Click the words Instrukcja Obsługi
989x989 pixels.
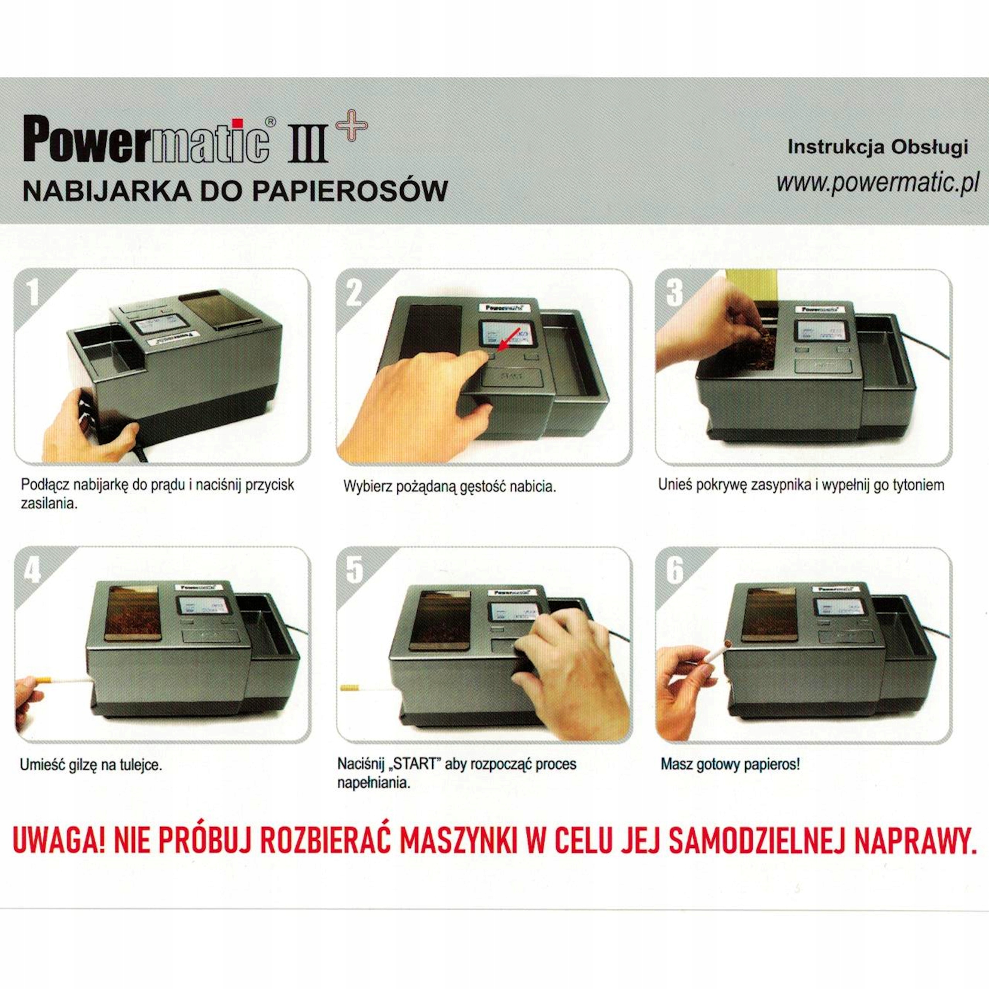point(877,147)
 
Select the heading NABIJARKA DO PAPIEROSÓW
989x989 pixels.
point(236,191)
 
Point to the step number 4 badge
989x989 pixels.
point(32,570)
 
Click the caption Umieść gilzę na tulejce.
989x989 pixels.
point(91,766)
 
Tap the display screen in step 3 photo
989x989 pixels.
point(819,332)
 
